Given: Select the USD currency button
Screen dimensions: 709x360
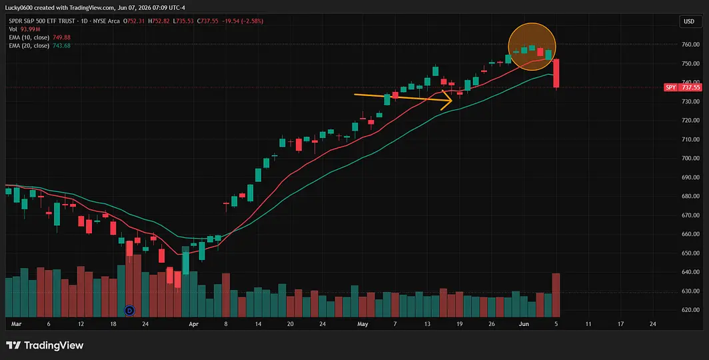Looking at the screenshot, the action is pos(689,21).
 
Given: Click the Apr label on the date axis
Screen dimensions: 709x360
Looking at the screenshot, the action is pos(193,324).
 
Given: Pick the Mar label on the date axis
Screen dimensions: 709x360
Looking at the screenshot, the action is pos(16,324).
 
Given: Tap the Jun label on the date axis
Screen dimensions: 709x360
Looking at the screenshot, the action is pos(524,324).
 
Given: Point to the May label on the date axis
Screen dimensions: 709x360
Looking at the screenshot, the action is pos(362,324).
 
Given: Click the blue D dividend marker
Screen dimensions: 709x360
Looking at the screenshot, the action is pos(130,310).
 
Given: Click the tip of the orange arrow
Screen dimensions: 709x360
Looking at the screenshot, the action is pos(452,101).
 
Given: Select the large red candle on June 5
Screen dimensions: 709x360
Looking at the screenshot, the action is pos(556,73).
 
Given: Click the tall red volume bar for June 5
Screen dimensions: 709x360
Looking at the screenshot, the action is pos(556,295).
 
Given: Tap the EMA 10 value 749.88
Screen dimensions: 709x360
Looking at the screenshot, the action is pos(61,37).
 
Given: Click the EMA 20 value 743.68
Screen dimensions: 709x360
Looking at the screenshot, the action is pos(61,46).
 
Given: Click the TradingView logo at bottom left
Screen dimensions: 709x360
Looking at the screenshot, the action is pos(45,345).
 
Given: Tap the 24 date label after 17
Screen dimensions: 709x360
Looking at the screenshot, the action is pos(652,324).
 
